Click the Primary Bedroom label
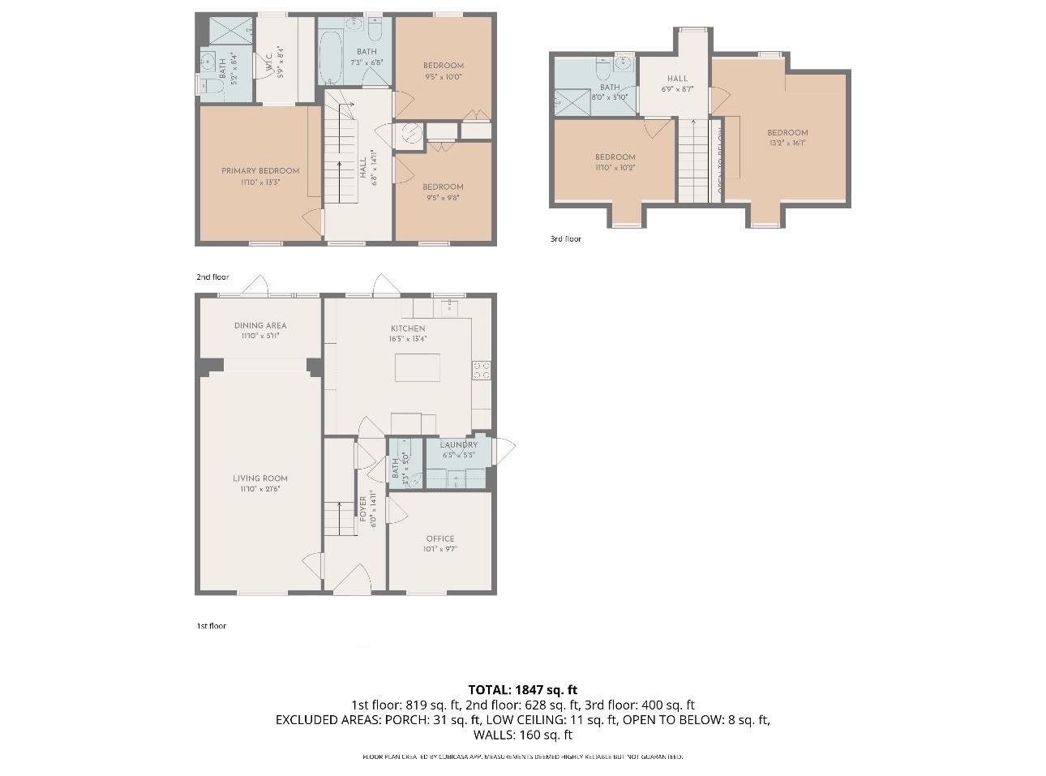[260, 171]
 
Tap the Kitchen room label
[406, 328]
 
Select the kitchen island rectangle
[418, 367]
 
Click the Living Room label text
[260, 478]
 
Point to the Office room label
[440, 538]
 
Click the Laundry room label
[458, 444]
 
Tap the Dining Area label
[260, 325]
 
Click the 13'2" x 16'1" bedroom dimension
[787, 143]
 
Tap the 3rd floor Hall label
[677, 79]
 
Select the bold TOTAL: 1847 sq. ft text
[522, 690]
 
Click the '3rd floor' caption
[565, 239]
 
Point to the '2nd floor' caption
[212, 277]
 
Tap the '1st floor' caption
[211, 626]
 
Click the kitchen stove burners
[481, 370]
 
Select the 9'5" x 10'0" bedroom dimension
[443, 77]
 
